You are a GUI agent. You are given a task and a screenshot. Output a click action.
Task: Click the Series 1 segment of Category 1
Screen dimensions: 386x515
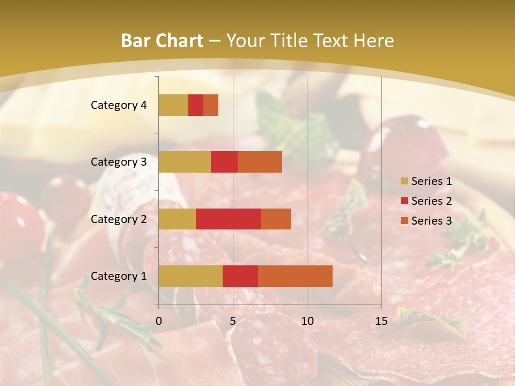[190, 276]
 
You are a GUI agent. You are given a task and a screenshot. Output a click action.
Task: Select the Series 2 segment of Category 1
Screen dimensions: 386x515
[240, 276]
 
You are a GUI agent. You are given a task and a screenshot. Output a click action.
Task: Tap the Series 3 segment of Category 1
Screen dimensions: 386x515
[295, 276]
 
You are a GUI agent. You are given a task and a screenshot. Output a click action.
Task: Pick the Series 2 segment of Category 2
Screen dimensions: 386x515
[229, 219]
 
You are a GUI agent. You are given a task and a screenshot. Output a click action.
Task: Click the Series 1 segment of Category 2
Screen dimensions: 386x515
[177, 219]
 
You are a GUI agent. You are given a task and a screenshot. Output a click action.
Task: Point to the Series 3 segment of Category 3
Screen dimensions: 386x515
[260, 162]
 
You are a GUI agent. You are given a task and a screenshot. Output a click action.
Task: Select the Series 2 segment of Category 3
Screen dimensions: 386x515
[224, 162]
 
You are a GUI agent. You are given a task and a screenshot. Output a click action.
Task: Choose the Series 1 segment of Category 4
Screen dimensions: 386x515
[173, 105]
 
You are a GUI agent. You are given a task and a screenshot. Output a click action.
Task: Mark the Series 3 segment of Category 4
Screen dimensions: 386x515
[211, 105]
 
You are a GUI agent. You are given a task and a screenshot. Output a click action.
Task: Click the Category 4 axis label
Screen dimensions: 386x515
[119, 105]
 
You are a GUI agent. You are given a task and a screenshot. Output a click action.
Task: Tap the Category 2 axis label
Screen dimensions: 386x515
[119, 219]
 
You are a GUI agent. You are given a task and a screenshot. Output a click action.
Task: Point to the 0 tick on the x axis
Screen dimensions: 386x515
[159, 321]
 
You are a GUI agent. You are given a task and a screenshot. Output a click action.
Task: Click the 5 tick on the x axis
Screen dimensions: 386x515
[233, 321]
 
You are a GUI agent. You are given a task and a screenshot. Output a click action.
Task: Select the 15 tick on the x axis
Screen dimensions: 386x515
[381, 321]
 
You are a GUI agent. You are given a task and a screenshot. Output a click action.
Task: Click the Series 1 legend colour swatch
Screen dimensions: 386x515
[404, 181]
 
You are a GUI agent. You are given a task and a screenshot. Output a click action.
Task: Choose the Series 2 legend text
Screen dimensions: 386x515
[431, 201]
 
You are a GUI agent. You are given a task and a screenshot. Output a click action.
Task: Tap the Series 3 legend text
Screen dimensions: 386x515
[431, 221]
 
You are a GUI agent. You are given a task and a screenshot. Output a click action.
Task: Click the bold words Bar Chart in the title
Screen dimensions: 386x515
[162, 40]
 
